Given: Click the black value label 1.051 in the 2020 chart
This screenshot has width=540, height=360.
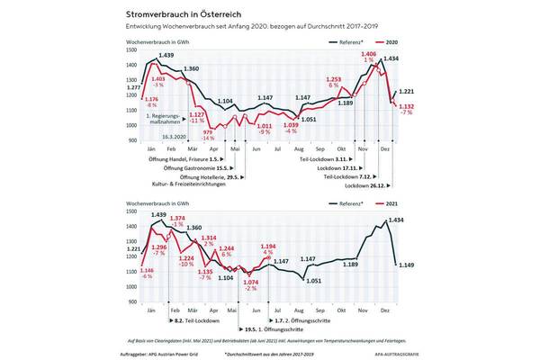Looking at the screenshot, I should click(x=309, y=119).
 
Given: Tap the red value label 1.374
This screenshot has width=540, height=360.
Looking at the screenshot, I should click(x=177, y=218).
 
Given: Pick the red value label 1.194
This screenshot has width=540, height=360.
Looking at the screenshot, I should click(x=268, y=246).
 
